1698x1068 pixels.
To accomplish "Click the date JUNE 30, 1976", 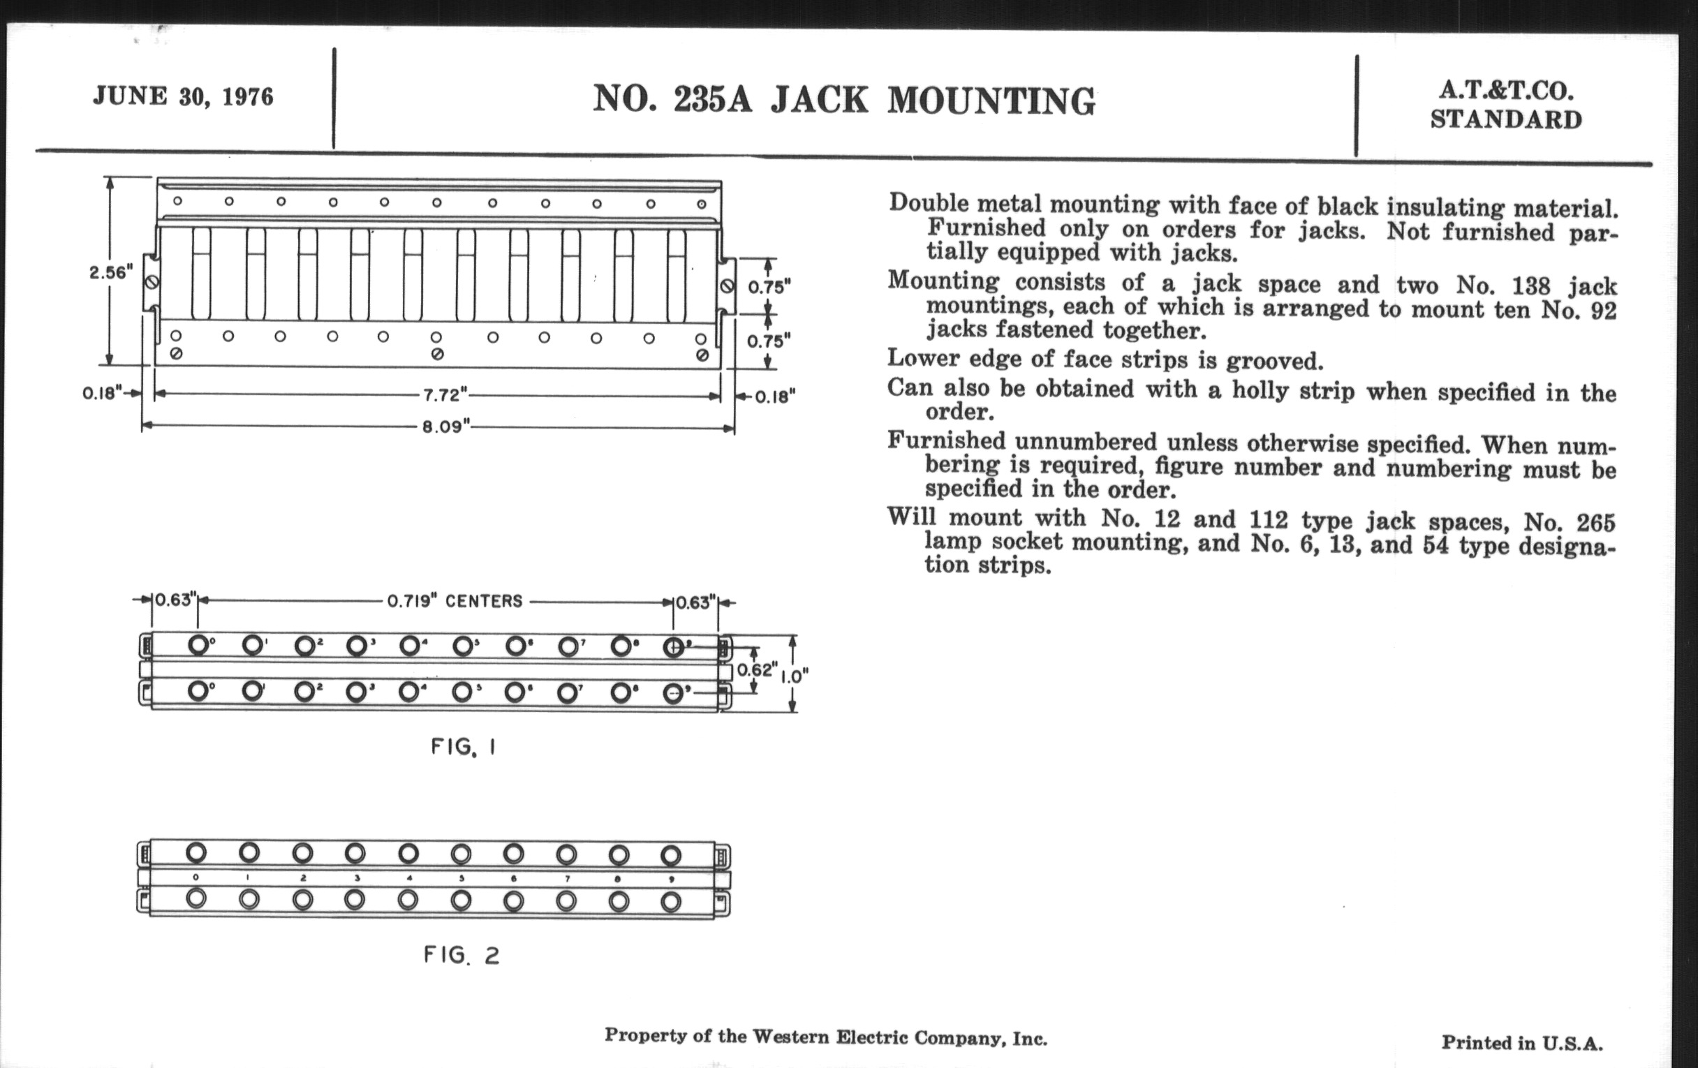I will (x=183, y=96).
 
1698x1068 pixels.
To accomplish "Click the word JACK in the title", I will (x=819, y=101).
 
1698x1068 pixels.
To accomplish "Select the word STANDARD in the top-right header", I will (x=1505, y=120).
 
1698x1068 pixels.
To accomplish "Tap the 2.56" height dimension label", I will (x=111, y=272).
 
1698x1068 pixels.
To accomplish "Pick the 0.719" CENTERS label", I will (x=455, y=601).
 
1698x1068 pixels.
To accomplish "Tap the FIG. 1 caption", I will (x=464, y=746).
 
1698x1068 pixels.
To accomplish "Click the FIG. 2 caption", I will (x=462, y=955).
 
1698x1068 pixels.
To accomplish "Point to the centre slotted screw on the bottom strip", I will (x=437, y=354).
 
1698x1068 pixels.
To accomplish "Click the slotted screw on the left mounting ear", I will (x=151, y=282).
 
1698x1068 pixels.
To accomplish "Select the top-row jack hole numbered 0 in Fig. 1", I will (x=198, y=645).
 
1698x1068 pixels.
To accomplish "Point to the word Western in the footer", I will (x=790, y=1037).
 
